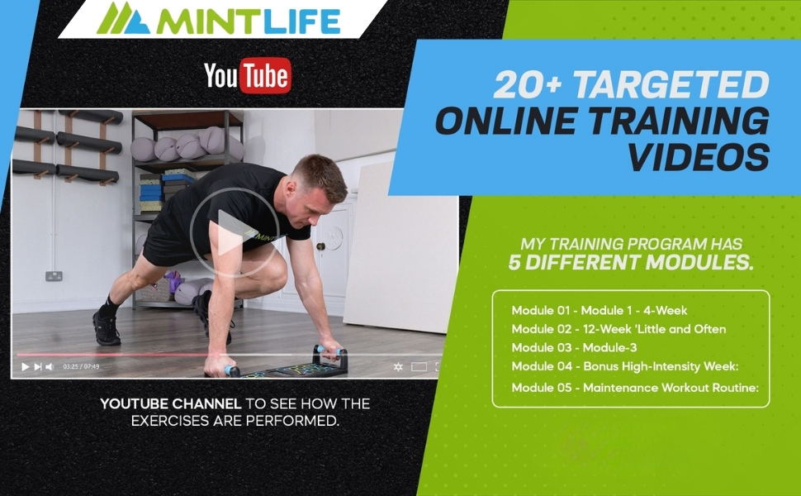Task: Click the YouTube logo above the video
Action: tap(248, 77)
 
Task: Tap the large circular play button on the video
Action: tap(223, 232)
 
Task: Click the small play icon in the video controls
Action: tap(25, 366)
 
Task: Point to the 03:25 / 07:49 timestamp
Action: tap(81, 366)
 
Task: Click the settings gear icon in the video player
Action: tap(397, 366)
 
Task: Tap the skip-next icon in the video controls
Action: tap(37, 366)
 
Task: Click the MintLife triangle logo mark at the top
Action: tap(123, 18)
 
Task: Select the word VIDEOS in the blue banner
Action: tap(699, 155)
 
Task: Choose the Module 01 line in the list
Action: tap(600, 311)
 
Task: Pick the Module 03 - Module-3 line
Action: tap(574, 348)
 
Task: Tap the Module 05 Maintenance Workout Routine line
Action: tap(635, 388)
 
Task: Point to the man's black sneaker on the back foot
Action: tap(106, 326)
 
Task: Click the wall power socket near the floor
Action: tap(54, 276)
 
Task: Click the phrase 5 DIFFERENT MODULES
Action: tap(631, 264)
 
